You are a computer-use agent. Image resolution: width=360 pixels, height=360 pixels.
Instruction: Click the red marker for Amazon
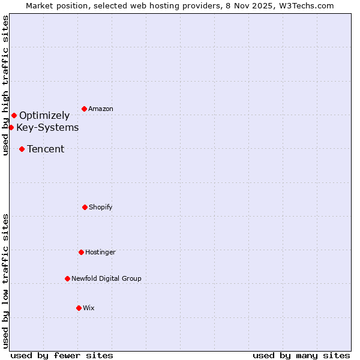click(x=84, y=109)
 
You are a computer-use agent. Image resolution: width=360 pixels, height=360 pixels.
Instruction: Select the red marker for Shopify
click(x=85, y=207)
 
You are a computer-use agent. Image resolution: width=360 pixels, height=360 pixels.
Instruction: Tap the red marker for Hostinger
click(x=81, y=252)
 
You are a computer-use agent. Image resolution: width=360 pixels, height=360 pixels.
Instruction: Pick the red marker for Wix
click(x=79, y=308)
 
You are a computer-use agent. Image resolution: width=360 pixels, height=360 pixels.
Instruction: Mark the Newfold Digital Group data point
click(x=67, y=278)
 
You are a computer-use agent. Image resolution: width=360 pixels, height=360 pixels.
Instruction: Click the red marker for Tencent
click(x=22, y=149)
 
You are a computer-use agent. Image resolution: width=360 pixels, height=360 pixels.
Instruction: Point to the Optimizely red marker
click(x=14, y=115)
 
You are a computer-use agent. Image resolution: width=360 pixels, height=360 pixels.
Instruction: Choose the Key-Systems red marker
click(x=11, y=127)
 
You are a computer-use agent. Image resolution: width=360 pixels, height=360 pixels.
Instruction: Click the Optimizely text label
click(x=44, y=116)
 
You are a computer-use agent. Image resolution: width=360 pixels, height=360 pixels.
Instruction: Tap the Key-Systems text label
click(x=47, y=128)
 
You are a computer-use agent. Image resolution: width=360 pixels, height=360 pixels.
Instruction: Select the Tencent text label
click(x=46, y=149)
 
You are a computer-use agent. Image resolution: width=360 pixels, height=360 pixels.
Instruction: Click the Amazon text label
click(x=101, y=109)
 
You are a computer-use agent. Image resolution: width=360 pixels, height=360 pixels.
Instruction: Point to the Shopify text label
click(x=101, y=208)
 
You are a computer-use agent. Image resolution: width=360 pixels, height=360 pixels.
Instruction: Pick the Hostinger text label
click(x=100, y=253)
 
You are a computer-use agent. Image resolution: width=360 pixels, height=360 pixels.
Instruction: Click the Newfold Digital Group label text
click(x=106, y=279)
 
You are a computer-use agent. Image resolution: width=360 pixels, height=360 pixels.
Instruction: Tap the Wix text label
click(x=89, y=308)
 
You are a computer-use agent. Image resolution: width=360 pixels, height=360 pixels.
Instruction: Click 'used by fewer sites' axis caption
click(x=62, y=355)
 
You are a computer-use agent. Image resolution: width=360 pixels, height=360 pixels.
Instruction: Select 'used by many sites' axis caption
click(x=301, y=355)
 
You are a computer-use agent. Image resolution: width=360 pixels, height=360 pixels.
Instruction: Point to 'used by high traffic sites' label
click(x=5, y=86)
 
